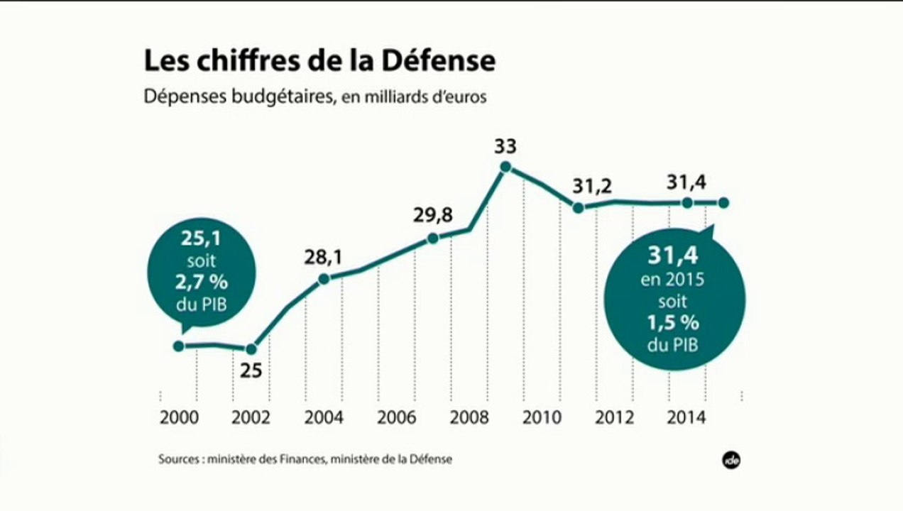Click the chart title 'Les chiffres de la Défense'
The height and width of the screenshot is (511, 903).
point(319,61)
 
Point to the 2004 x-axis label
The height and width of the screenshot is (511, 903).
point(324,417)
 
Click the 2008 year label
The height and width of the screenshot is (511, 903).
point(469,417)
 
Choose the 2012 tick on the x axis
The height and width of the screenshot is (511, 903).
point(615,417)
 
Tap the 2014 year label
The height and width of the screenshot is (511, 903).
point(687,417)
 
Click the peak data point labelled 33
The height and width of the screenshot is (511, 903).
point(505,167)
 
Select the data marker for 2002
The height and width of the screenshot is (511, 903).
point(251,348)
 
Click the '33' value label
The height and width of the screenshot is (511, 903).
point(505,147)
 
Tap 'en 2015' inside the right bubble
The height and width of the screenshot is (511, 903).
point(672,280)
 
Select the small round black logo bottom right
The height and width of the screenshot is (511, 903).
point(731,459)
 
